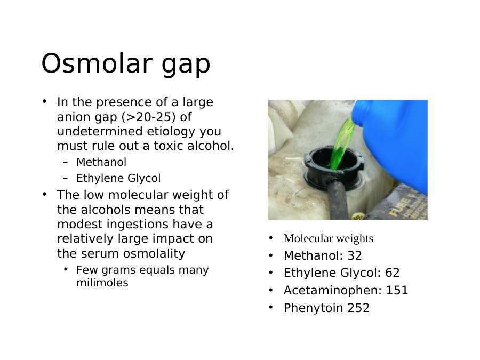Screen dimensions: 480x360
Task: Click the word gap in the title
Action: tap(186, 65)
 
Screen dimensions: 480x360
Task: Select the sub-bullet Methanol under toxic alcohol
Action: tap(101, 162)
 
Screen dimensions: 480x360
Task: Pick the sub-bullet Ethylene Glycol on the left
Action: tap(118, 178)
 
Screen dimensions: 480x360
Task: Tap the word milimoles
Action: tap(102, 283)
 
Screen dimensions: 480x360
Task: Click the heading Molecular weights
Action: tap(329, 238)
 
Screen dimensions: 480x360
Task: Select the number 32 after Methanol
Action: tap(355, 255)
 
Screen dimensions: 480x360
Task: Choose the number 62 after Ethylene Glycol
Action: tap(393, 273)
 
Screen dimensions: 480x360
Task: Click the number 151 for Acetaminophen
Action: tap(397, 290)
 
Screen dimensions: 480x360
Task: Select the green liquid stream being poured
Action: tap(343, 143)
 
